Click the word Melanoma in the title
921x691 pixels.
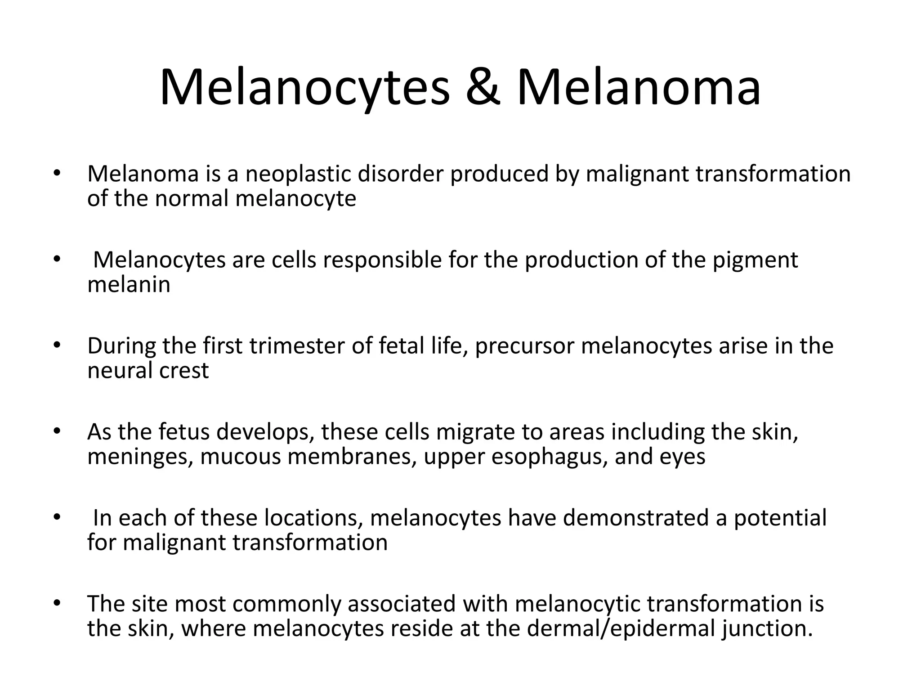tap(639, 87)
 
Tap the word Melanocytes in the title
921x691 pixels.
tap(305, 87)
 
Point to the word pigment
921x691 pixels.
tap(755, 260)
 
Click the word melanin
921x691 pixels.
tap(129, 284)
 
